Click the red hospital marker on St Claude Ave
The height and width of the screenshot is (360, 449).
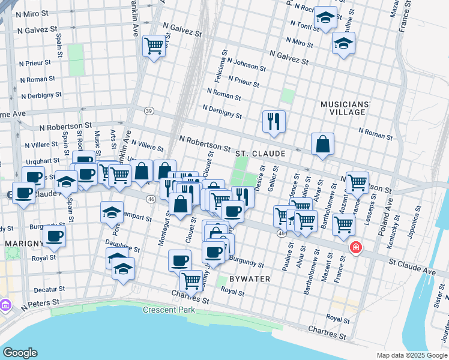pyautogui.click(x=356, y=247)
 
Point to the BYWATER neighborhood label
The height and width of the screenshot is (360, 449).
pyautogui.click(x=250, y=279)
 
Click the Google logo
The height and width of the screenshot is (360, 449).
pyautogui.click(x=20, y=353)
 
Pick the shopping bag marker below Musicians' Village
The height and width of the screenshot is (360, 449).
pyautogui.click(x=322, y=143)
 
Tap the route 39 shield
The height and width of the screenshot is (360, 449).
pyautogui.click(x=149, y=110)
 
